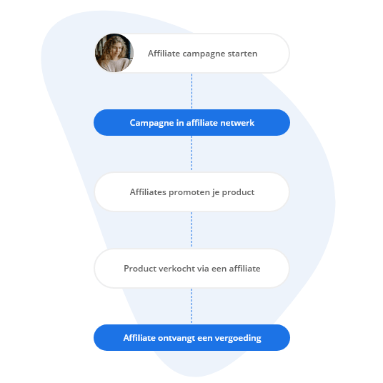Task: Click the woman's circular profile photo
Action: point(114,53)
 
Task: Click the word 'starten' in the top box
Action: point(241,54)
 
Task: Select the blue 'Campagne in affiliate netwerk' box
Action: point(191,123)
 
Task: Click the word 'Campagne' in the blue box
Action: point(149,123)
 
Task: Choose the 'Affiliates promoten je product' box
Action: point(191,192)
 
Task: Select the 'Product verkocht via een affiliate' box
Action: point(191,269)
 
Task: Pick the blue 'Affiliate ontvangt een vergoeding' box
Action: point(191,338)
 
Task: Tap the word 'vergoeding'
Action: point(238,338)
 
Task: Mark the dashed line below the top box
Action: point(191,91)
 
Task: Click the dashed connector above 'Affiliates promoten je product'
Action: point(191,154)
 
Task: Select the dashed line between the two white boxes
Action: point(191,230)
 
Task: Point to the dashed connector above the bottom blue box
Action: point(191,306)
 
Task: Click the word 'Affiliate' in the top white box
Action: point(162,54)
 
